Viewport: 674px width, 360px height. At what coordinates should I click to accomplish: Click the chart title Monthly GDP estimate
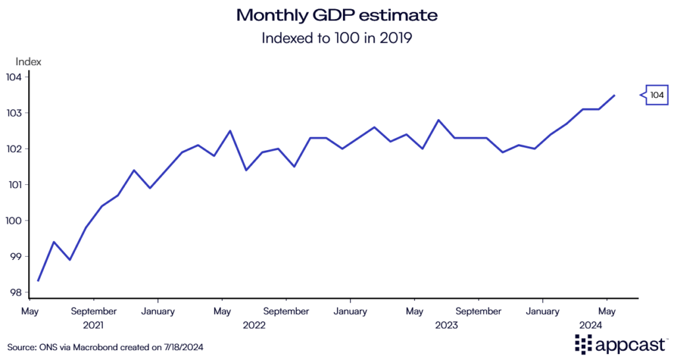coord(336,14)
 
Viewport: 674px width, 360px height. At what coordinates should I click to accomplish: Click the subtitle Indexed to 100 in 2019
coord(336,38)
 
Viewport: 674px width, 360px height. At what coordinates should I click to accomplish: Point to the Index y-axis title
coord(28,62)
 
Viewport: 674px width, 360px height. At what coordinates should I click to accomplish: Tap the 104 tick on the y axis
coord(15,77)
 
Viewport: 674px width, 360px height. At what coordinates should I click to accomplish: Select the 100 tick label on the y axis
coord(15,220)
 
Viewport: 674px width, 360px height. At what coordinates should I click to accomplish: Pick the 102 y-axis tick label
coord(15,149)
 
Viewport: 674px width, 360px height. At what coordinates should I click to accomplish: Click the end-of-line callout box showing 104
coord(656,95)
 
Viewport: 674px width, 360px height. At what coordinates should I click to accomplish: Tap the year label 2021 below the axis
coord(93,324)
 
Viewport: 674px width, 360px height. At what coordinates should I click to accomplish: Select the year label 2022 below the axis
coord(254,324)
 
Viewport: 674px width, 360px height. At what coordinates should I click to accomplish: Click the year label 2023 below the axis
coord(446,324)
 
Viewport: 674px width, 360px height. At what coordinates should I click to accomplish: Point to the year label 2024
coord(590,324)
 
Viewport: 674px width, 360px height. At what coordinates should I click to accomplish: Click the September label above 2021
coord(93,311)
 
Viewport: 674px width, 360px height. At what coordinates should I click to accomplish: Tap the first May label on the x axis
coord(30,311)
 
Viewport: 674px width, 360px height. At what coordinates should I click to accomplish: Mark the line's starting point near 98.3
coord(38,281)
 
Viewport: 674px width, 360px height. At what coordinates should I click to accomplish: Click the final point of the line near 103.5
coord(614,95)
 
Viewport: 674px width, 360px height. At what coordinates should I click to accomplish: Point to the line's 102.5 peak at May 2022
coord(230,131)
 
